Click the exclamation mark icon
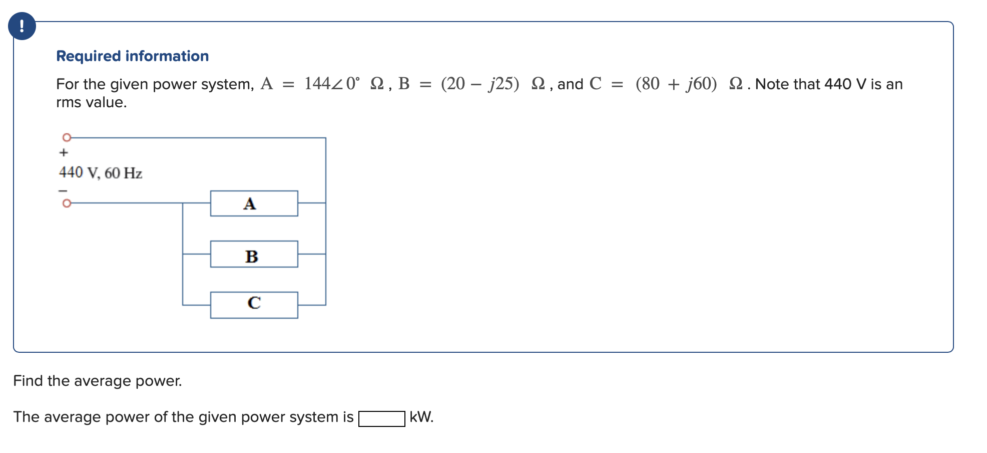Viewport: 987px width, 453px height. click(22, 26)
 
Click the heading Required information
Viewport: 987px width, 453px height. click(132, 56)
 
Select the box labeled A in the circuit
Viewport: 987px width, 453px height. click(254, 203)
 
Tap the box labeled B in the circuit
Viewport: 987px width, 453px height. click(254, 255)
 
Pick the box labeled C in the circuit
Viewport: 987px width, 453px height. click(254, 305)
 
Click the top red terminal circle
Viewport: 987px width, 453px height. click(67, 137)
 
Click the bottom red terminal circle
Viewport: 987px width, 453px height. click(67, 203)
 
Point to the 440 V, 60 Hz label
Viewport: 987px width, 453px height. click(101, 173)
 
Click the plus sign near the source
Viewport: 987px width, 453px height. click(64, 152)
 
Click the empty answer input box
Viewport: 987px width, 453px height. click(381, 418)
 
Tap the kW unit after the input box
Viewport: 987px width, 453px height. click(421, 417)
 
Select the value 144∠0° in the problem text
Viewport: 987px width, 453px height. click(332, 84)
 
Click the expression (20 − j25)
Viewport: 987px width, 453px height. click(480, 84)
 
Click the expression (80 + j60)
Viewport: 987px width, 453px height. click(676, 84)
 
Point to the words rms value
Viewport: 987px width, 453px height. click(92, 102)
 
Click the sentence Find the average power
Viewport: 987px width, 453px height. click(98, 381)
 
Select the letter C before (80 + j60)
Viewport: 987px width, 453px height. click(595, 84)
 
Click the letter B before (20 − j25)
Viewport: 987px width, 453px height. click(404, 84)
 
